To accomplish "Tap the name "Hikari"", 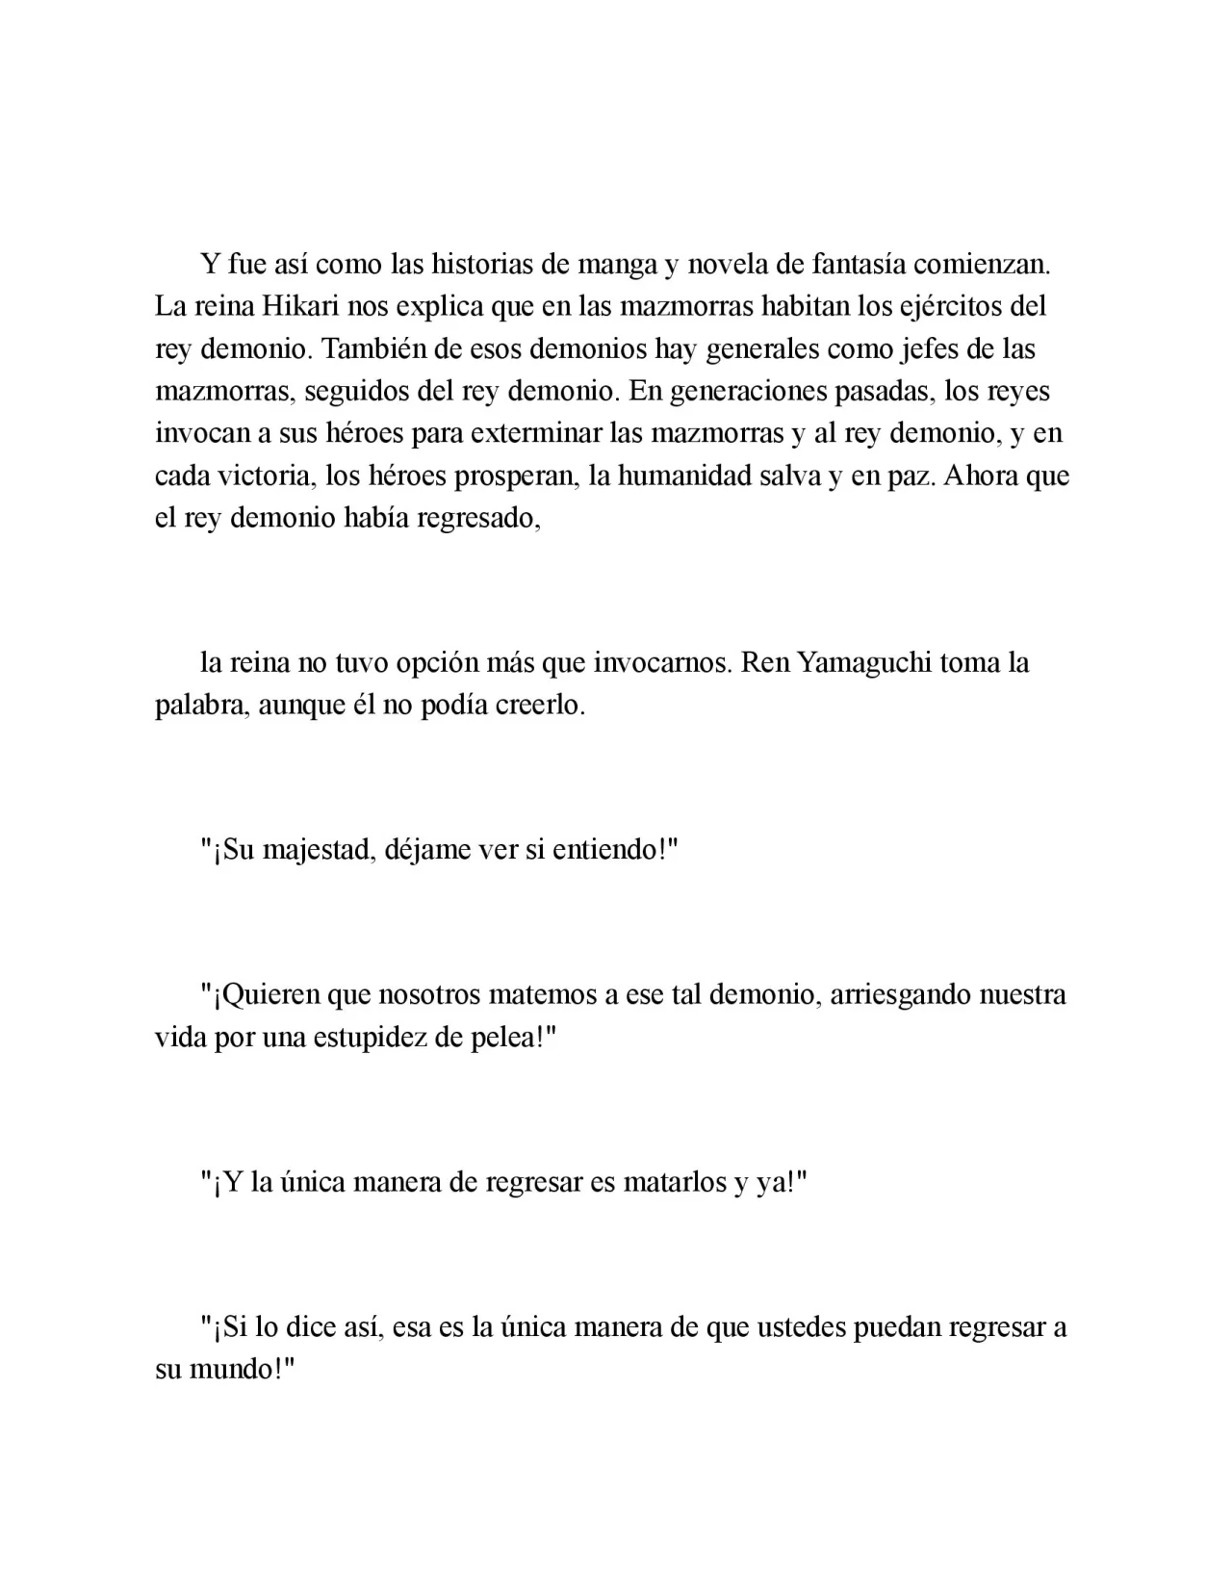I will click(298, 306).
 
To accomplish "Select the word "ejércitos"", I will click(949, 306).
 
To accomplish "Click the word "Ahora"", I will click(981, 476).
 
